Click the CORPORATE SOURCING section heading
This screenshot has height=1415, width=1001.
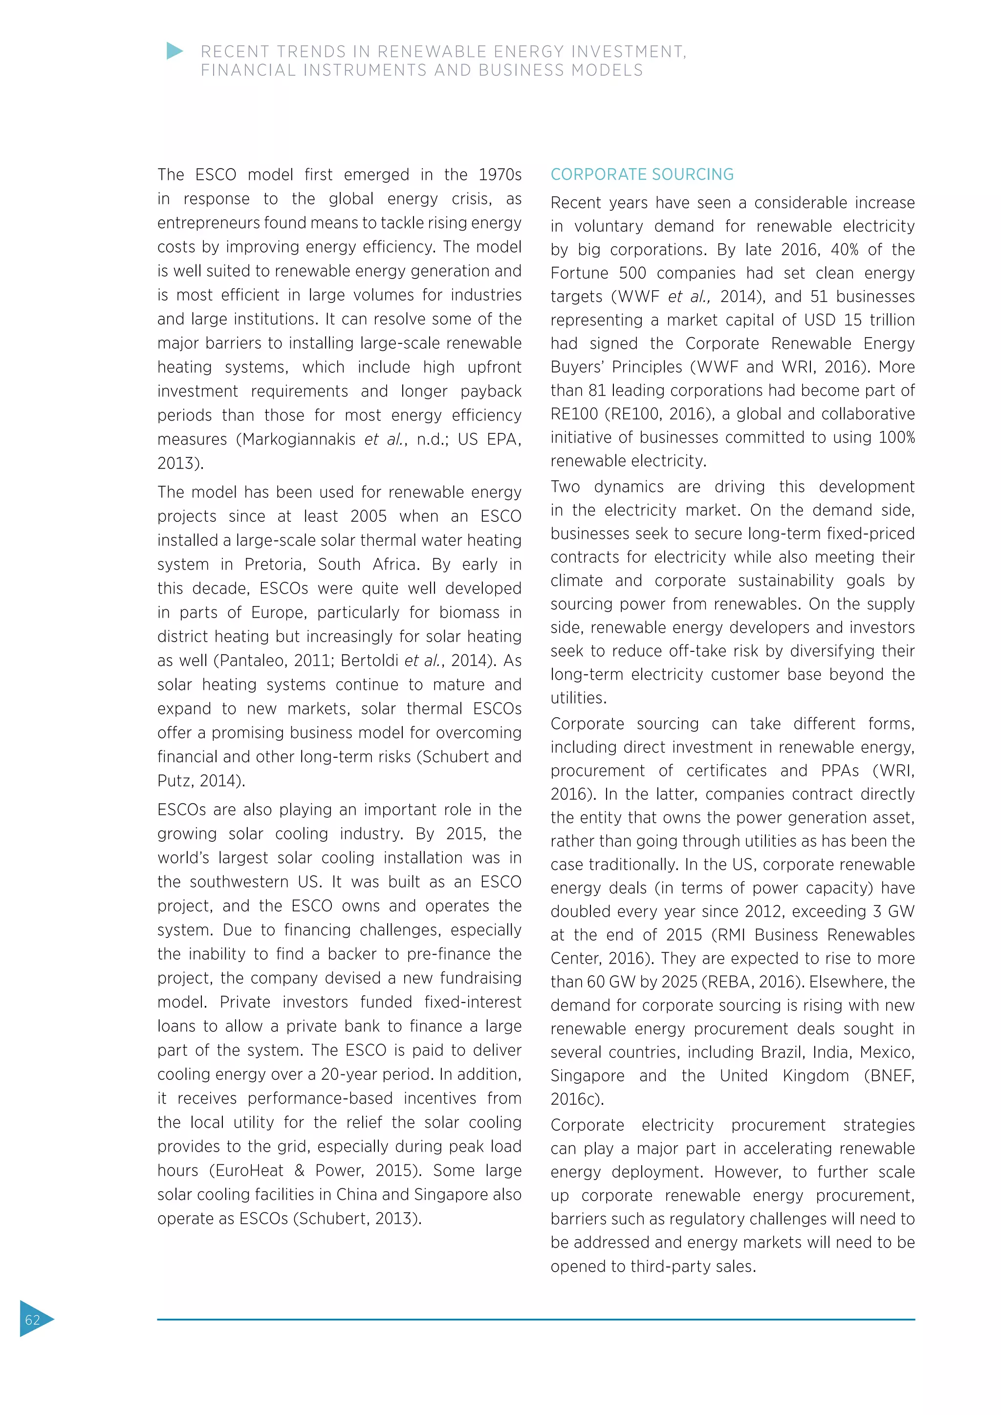point(642,174)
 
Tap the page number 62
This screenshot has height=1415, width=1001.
point(32,1319)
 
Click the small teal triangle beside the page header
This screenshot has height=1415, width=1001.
point(174,51)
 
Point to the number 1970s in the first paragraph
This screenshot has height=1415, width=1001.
point(500,175)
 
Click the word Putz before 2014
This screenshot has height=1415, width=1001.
point(173,781)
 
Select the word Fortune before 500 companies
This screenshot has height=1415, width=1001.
point(579,273)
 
